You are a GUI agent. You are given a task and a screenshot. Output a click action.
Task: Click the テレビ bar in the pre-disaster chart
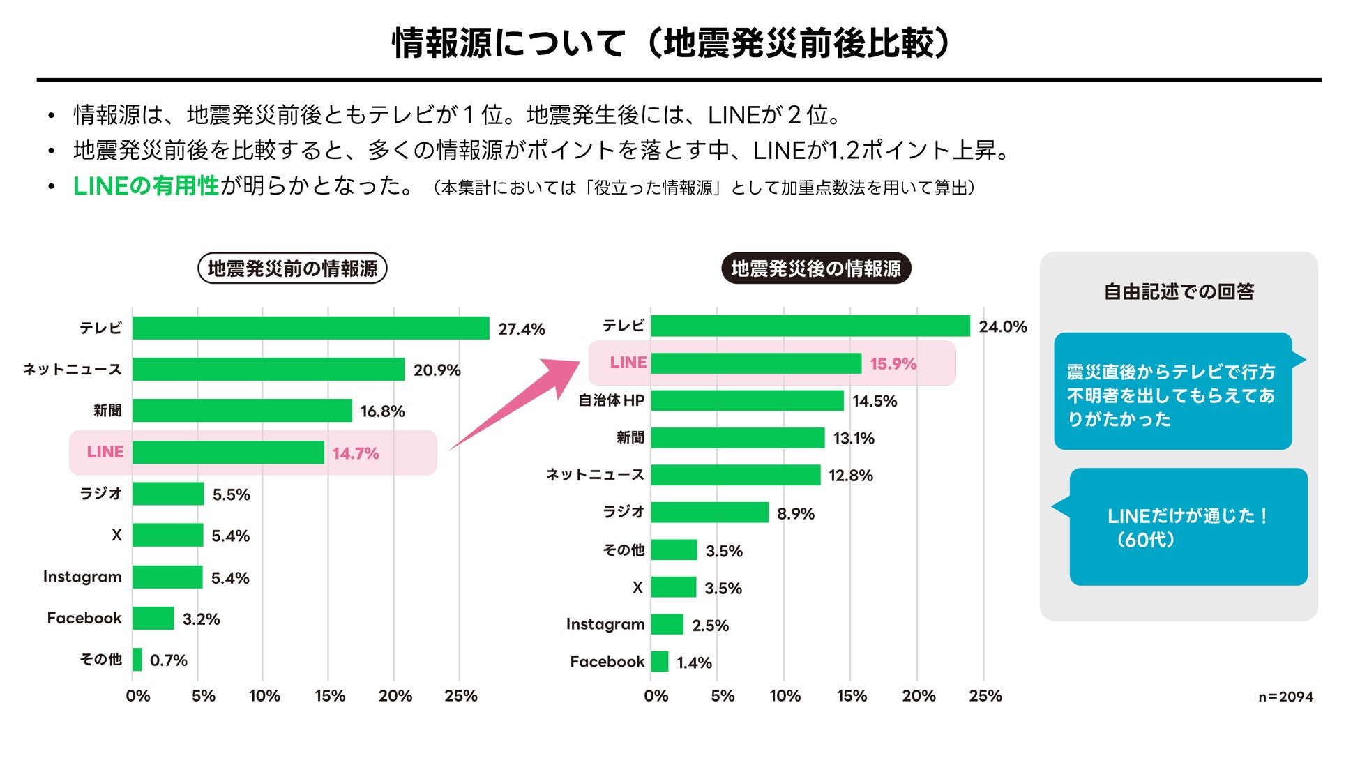310,328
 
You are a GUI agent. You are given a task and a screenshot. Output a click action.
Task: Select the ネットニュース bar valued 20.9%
269,370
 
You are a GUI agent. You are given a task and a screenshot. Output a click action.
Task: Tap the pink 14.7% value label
356,453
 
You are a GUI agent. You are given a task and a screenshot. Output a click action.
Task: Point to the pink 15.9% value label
893,364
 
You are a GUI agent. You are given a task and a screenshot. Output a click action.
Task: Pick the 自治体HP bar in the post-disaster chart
747,400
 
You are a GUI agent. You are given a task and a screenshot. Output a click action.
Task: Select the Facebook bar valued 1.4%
659,661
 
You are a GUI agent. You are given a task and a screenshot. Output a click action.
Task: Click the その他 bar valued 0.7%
137,659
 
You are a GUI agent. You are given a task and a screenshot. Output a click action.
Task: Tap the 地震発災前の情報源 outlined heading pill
292,268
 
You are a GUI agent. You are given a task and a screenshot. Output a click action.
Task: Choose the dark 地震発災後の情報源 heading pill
815,268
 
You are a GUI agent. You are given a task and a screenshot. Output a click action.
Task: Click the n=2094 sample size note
1285,697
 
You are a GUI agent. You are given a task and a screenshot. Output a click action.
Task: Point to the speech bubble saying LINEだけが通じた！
1188,527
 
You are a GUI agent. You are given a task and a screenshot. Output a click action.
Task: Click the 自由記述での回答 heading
1179,291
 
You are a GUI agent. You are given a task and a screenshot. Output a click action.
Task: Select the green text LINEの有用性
146,186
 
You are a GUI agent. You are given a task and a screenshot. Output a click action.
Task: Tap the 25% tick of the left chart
460,696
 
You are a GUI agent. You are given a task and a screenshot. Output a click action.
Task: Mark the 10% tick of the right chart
785,696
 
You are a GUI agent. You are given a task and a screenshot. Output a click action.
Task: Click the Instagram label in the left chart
82,577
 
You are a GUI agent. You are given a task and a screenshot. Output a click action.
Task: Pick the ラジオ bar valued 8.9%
709,513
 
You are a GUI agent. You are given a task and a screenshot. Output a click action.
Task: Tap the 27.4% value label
521,329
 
